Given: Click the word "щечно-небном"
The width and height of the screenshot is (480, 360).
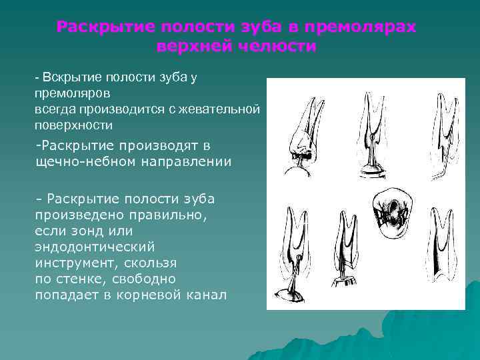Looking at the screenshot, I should (x=73, y=161).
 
